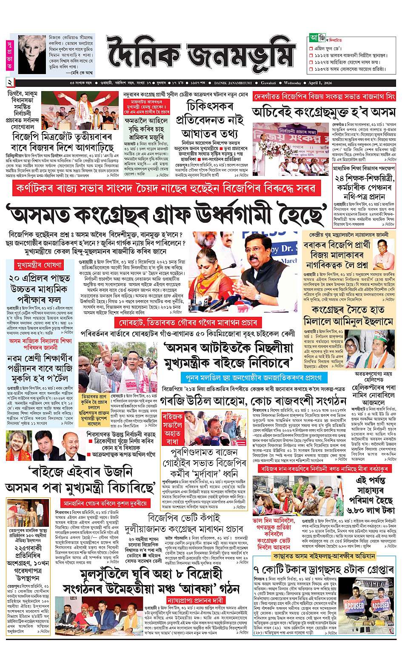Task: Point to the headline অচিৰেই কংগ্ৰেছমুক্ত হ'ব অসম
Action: point(324,113)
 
